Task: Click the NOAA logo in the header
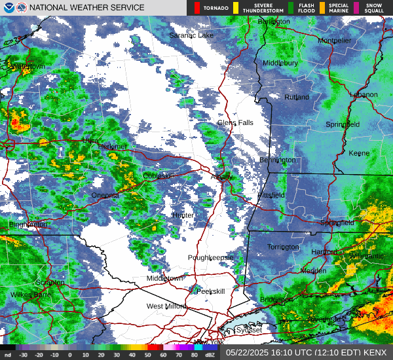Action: [x=7, y=7]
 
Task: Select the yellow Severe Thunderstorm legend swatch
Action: [x=235, y=8]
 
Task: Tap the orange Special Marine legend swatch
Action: [x=322, y=8]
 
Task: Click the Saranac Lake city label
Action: [x=191, y=35]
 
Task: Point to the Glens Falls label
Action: [x=235, y=122]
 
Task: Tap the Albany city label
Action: [x=221, y=177]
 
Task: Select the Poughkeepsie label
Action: [x=211, y=257]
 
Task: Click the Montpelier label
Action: [x=335, y=41]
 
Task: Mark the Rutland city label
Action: [x=297, y=97]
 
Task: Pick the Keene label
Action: [x=359, y=153]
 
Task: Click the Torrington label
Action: [x=284, y=247]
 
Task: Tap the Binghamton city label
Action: [x=28, y=225]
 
